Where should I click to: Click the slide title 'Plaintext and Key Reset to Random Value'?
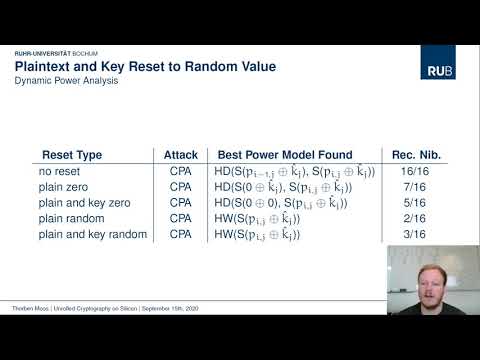point(145,66)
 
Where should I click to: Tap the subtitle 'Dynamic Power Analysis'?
point(66,80)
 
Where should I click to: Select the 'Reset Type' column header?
point(72,155)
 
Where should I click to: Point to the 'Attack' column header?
point(181,155)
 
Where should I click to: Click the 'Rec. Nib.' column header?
point(418,155)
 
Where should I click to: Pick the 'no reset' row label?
point(57,172)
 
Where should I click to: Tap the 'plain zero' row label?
point(63,188)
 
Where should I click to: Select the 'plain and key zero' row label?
point(81,203)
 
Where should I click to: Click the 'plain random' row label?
point(70,219)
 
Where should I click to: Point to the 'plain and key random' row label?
point(88,234)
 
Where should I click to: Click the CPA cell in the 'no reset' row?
point(181,172)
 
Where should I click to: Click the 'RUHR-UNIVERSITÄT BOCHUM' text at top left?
point(56,51)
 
